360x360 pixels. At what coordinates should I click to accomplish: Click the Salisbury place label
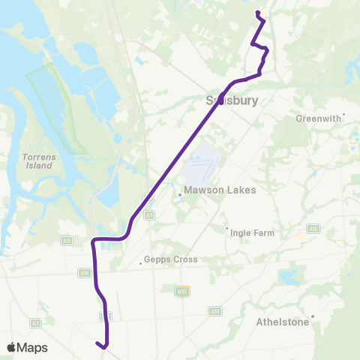click(232, 100)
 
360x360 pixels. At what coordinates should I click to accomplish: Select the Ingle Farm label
click(253, 233)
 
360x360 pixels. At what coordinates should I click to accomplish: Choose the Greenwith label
click(319, 118)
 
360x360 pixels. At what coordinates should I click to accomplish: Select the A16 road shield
click(84, 273)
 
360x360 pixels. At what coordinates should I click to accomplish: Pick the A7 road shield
click(35, 322)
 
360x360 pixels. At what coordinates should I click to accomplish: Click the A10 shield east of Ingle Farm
click(313, 229)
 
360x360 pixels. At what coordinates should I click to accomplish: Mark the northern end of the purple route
click(257, 13)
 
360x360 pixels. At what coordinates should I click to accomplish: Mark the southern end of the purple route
click(97, 343)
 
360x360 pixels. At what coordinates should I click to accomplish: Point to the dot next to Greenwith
click(343, 115)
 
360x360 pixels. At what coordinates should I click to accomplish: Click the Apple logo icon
click(12, 347)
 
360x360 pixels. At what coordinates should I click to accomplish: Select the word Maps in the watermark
click(33, 347)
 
